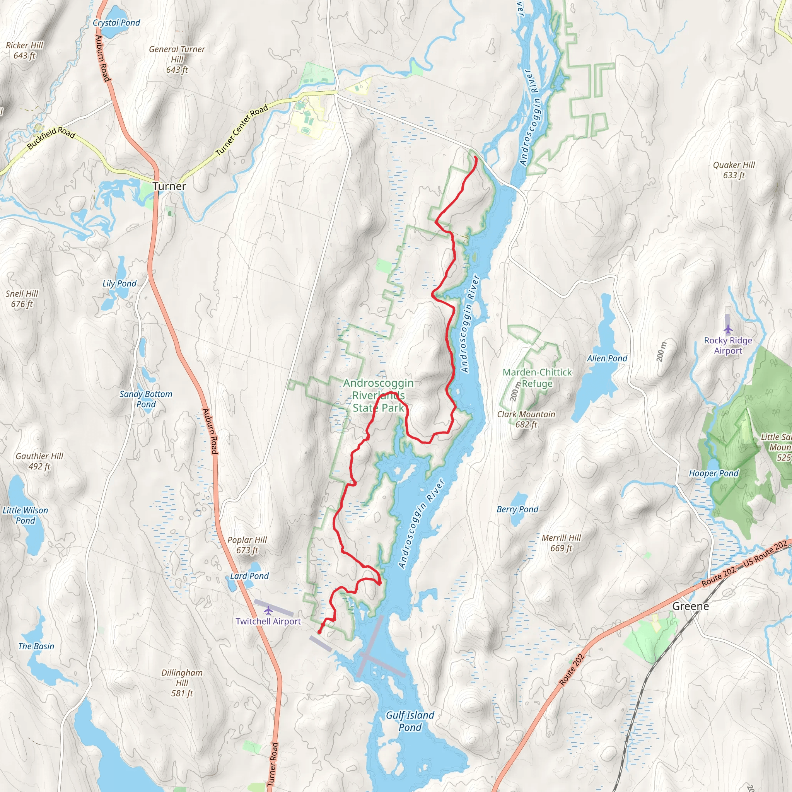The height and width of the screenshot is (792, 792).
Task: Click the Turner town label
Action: click(169, 186)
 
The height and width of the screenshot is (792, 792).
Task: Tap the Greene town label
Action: click(690, 606)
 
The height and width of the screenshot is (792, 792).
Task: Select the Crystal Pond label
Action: click(116, 22)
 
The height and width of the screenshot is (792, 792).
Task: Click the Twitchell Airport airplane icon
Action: click(268, 611)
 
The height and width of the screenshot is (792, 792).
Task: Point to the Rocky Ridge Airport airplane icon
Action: click(728, 329)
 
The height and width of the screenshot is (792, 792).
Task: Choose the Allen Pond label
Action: click(607, 358)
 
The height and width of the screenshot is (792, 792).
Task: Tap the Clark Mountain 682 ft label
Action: click(526, 419)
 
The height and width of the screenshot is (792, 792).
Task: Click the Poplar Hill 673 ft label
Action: click(247, 545)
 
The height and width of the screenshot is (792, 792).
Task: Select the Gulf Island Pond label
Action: click(410, 721)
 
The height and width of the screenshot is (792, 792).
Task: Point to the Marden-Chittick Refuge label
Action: click(537, 377)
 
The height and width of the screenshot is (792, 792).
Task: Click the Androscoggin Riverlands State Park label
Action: click(378, 395)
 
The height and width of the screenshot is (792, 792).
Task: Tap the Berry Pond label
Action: click(517, 509)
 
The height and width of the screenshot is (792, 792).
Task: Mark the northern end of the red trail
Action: click(475, 157)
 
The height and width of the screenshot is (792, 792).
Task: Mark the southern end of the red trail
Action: click(319, 633)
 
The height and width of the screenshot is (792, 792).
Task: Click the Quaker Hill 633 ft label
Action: click(734, 170)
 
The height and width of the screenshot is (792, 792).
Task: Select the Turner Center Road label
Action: click(242, 130)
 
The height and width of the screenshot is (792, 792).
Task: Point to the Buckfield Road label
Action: click(51, 138)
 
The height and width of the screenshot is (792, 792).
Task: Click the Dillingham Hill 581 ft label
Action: click(182, 683)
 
